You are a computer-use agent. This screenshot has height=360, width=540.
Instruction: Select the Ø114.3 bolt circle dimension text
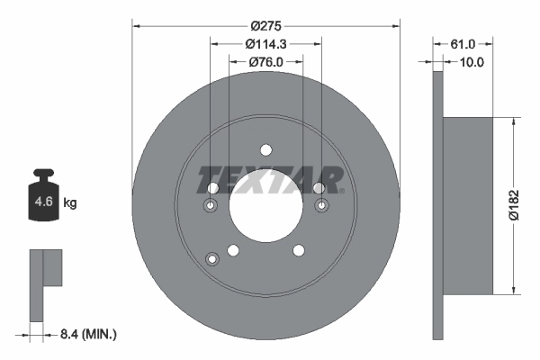point(265,43)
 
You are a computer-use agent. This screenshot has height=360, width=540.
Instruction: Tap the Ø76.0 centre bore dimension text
point(265,62)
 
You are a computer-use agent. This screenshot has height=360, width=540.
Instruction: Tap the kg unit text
point(70,203)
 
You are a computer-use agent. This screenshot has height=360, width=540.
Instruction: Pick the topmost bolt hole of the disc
point(265,150)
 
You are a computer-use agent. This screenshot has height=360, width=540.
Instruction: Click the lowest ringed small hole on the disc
point(213,259)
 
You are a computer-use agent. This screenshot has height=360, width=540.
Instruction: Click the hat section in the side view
point(470,204)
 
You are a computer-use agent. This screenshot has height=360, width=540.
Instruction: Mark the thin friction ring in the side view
point(438,204)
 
